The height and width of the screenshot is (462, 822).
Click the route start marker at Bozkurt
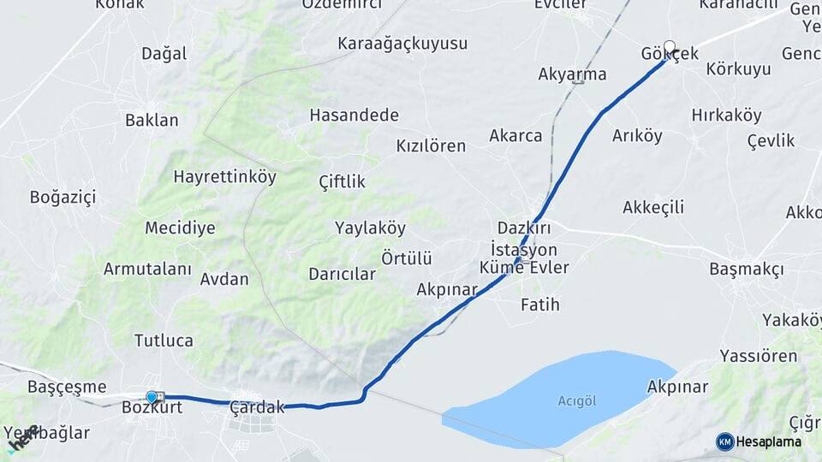tap(152, 397)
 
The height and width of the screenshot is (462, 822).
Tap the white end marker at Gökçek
tap(670, 47)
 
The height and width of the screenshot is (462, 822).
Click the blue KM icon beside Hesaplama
tap(724, 441)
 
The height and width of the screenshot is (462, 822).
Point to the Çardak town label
tap(257, 408)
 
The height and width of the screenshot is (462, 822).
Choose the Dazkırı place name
tap(524, 228)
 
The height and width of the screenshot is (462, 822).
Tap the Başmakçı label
tap(746, 269)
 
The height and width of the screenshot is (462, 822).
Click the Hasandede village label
tap(354, 115)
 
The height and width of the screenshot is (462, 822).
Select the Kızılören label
tap(431, 145)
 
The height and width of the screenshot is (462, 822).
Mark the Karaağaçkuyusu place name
tap(402, 44)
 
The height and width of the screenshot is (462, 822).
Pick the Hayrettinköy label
tap(224, 177)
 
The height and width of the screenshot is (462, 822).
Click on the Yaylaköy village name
tap(370, 228)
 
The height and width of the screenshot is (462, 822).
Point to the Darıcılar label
tap(342, 275)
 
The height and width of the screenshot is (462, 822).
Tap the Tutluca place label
tap(164, 341)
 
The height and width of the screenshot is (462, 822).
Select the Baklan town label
tap(152, 121)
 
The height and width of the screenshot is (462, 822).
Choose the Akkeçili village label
tap(653, 207)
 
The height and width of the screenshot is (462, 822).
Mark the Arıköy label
tap(637, 136)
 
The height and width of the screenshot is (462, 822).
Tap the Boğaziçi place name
tap(63, 198)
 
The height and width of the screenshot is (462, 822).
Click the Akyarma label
tap(572, 74)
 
